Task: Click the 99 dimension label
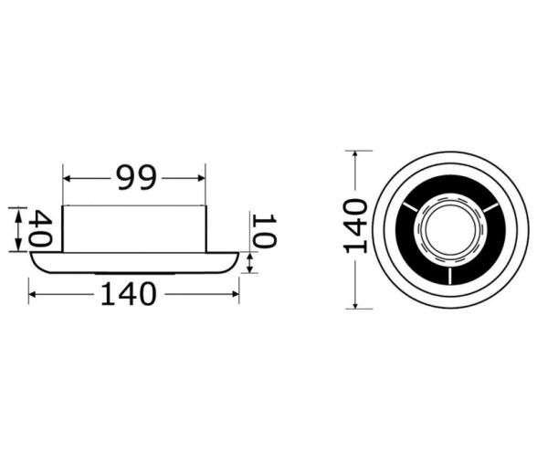tap(134, 178)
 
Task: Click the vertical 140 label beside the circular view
tap(356, 225)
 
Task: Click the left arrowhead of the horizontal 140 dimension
tap(34, 294)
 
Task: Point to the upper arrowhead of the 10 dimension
tap(251, 257)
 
